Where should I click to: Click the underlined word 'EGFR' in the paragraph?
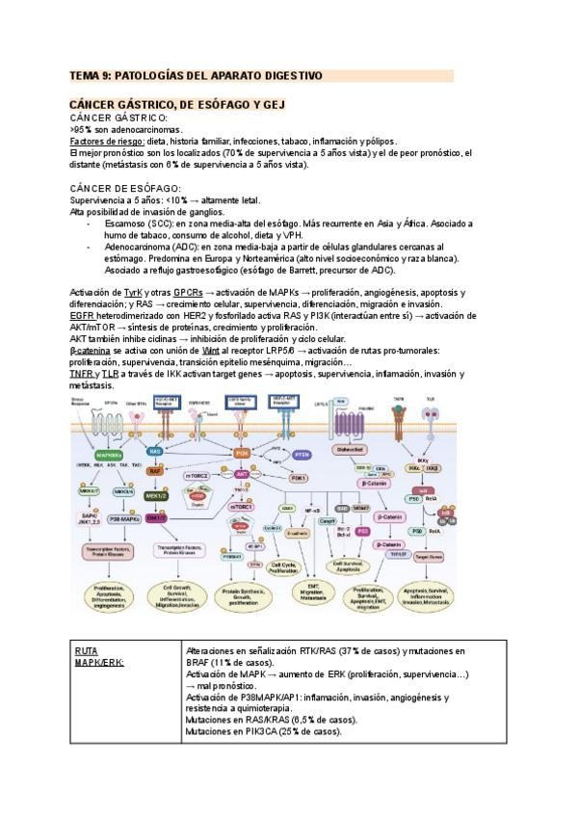[83, 316]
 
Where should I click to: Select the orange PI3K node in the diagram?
[243, 452]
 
